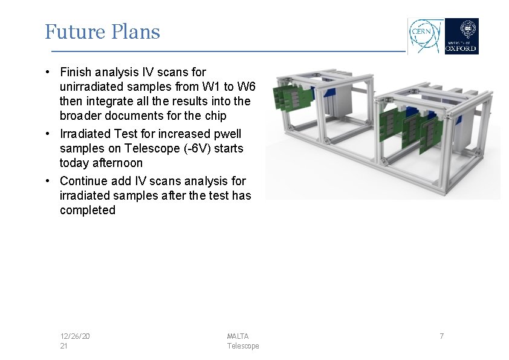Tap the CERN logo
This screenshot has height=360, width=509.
pos(426,36)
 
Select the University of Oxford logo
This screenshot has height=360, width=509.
pos(461,36)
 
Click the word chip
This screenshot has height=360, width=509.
pos(215,116)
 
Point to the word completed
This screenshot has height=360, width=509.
pos(87,210)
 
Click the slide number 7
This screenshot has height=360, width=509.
pos(441,336)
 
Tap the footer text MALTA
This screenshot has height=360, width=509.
pos(238,336)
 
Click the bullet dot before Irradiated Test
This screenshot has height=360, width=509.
pos(47,134)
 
